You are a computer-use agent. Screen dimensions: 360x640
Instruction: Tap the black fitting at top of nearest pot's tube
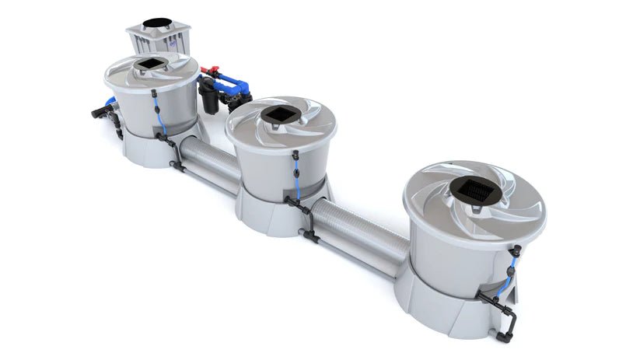[x=514, y=250]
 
